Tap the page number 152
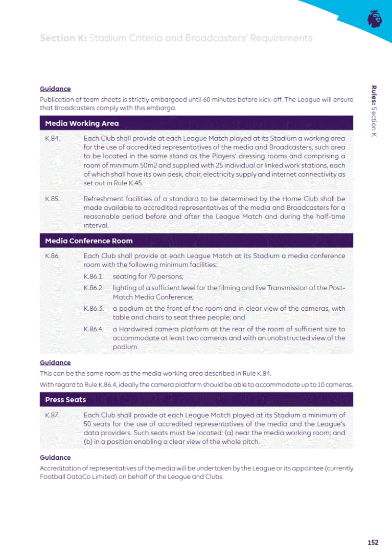tap(373, 542)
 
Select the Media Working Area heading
tap(82, 123)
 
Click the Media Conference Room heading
tap(89, 241)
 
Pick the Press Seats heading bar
tap(65, 400)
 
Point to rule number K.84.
tap(53, 139)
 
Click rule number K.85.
tap(53, 199)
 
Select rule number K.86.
tap(53, 256)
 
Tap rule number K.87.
tap(53, 415)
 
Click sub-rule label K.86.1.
tap(94, 276)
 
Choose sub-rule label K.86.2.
tap(94, 288)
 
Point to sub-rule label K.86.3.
tap(94, 309)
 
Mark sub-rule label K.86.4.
tap(94, 329)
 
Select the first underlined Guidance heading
tap(55, 89)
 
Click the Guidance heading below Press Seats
tap(55, 457)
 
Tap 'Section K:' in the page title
tap(63, 38)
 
